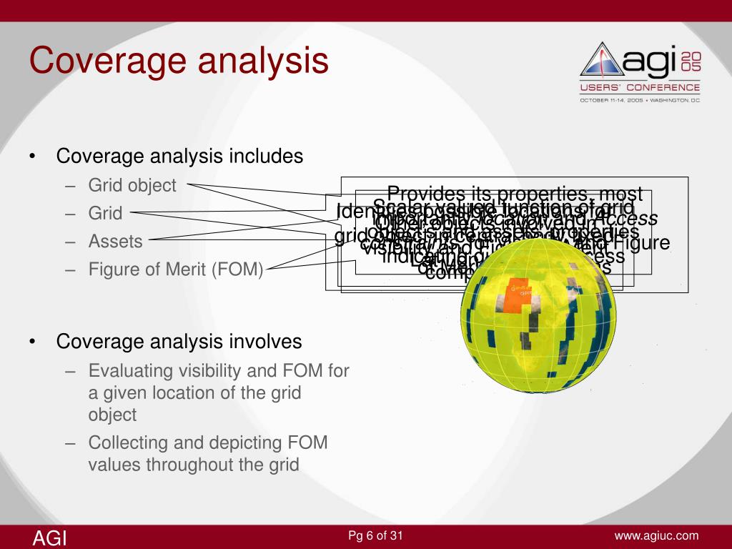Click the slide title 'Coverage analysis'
click(179, 60)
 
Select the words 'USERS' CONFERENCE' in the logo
click(640, 87)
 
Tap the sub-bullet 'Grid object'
click(132, 186)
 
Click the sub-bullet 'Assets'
click(115, 242)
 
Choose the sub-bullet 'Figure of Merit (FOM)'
click(176, 269)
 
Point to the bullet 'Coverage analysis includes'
click(179, 156)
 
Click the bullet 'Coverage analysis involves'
click(179, 342)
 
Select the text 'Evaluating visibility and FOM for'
click(218, 370)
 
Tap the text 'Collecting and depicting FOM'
click(207, 442)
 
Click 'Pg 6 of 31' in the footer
click(375, 536)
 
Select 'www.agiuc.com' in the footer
click(656, 536)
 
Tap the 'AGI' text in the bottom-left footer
click(49, 538)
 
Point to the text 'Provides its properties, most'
click(514, 194)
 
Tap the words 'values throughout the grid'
click(193, 464)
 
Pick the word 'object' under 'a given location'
click(112, 414)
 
